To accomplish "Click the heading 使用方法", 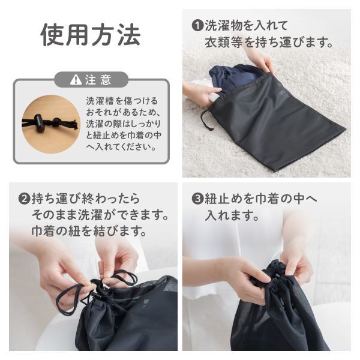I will pyautogui.click(x=91, y=35).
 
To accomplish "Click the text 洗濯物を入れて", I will pyautogui.click(x=246, y=26).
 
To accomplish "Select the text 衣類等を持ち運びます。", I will pyautogui.click(x=268, y=43).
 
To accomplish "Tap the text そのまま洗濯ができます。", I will pyautogui.click(x=100, y=214).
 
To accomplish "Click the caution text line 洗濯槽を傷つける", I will pyautogui.click(x=122, y=101).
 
